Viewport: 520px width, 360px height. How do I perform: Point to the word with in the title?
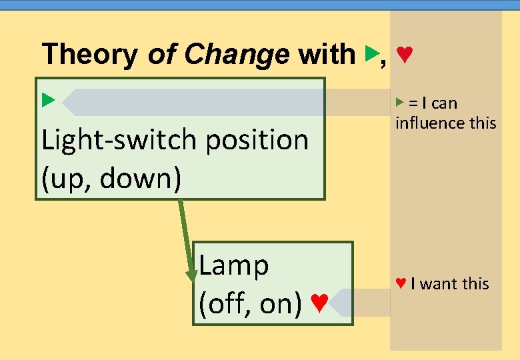pos(327,54)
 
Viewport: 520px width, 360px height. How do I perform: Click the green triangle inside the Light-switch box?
pos(47,101)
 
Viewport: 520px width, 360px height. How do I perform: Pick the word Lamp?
pos(234,265)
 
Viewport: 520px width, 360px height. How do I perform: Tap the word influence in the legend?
pos(427,123)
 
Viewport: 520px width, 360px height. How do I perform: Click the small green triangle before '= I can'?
pos(399,102)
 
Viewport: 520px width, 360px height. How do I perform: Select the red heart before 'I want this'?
pos(401,283)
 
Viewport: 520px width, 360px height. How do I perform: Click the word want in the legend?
pos(439,284)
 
